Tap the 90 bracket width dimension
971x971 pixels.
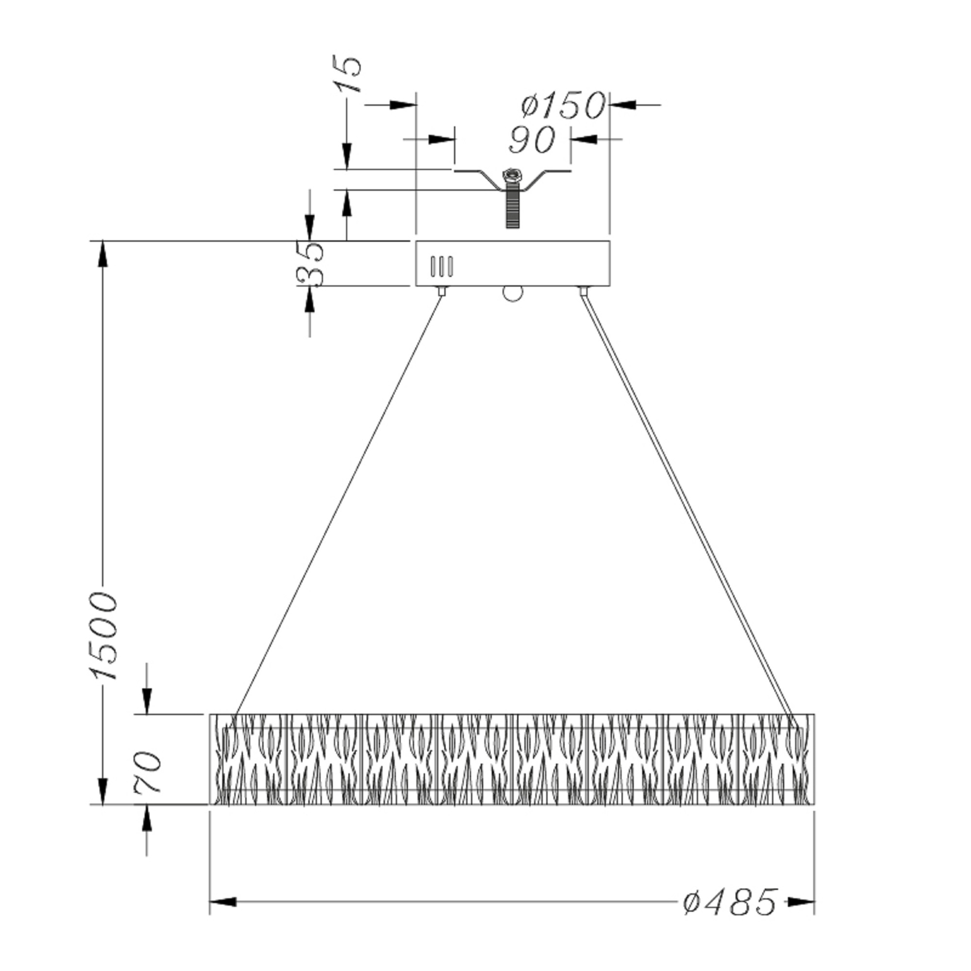(x=532, y=139)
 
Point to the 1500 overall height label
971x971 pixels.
(x=104, y=636)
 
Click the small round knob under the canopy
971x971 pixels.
(x=512, y=294)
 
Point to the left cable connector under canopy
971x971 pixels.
(x=442, y=291)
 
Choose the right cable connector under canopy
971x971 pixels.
(x=584, y=291)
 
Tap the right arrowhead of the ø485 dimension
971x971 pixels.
(x=801, y=902)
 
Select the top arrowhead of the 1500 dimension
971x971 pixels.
(x=103, y=254)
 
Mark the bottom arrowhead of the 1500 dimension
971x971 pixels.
(x=103, y=791)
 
